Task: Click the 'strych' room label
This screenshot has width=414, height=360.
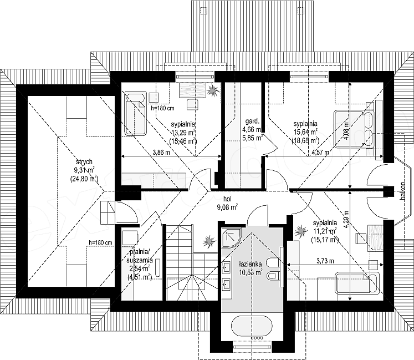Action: tap(84, 161)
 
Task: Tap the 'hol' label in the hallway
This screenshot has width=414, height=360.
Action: tap(227, 199)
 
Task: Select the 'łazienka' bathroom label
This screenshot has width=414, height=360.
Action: tap(251, 264)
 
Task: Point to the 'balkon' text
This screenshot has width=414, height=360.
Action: tap(402, 191)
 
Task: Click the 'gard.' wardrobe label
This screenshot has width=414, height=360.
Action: tap(252, 121)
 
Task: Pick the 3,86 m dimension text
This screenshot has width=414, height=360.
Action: tap(161, 152)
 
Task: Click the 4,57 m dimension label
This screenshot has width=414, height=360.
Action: tap(320, 152)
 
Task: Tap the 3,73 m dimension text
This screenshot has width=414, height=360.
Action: tap(325, 261)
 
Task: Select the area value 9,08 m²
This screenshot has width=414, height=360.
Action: tap(227, 207)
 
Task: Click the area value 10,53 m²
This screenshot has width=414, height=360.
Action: tap(251, 272)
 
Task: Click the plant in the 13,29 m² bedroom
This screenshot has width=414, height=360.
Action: tap(213, 91)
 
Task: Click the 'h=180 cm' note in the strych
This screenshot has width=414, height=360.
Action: tap(100, 242)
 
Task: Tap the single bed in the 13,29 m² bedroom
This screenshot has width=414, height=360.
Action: tap(135, 114)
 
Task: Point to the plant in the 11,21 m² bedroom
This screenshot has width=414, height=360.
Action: tap(301, 231)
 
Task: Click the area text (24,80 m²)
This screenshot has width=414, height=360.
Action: tap(84, 179)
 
